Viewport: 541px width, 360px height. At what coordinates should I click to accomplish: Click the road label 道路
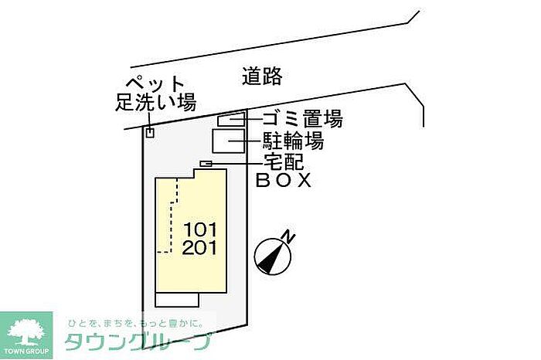(262, 76)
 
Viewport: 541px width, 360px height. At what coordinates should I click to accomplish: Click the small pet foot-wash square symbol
(150, 133)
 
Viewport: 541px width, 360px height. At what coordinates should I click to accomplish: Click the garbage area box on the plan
(231, 120)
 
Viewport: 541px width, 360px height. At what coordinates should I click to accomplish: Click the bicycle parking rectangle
(229, 141)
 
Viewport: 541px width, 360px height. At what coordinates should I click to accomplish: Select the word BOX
(284, 181)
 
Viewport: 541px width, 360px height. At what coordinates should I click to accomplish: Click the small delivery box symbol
(206, 163)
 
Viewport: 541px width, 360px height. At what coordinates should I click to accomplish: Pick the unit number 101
(200, 229)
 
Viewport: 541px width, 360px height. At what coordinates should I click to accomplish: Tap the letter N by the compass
(288, 236)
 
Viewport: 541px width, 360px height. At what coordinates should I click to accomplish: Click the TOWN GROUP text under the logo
(26, 353)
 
